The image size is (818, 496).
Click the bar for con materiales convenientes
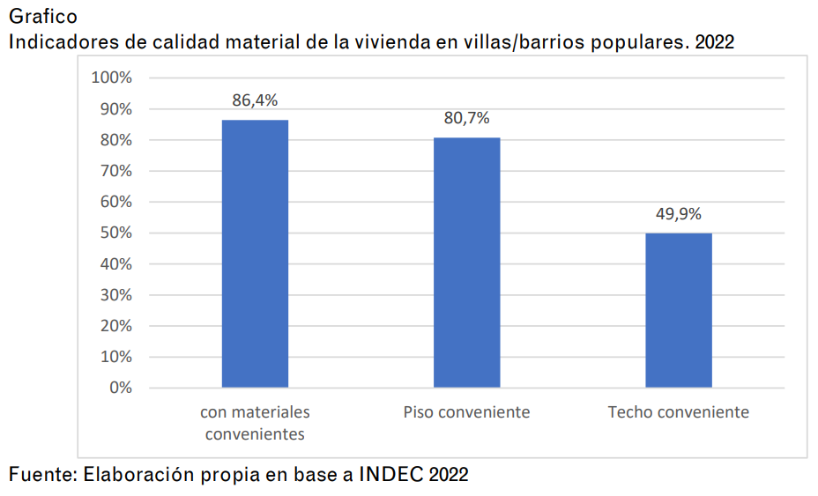coord(255,254)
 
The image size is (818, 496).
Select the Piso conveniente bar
coord(466,263)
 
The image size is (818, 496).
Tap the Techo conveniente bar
coord(678,310)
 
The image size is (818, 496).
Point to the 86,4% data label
coord(255,100)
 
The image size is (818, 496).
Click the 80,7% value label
coord(466,118)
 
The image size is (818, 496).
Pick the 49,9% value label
coord(678,214)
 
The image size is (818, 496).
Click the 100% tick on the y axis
coord(111,78)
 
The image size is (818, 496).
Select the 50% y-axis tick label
coord(115,233)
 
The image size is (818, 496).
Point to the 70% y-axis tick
coord(115,171)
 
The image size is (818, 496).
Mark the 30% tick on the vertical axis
coord(115,295)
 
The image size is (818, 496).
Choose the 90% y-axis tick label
coord(115,109)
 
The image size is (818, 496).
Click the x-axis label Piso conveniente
coord(466,412)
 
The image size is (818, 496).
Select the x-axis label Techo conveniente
coord(678,412)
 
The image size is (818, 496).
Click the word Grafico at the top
coord(42,17)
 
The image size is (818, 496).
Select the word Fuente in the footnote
coord(41,474)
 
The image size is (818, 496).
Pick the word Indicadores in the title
coord(63,41)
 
